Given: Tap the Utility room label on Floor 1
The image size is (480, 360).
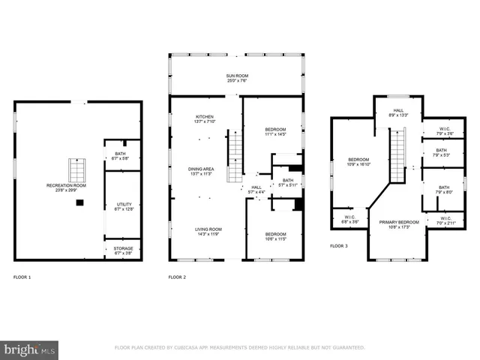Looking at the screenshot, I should [123, 206].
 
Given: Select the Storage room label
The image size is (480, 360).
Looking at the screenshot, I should [123, 250].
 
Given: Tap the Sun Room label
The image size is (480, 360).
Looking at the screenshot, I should [236, 79].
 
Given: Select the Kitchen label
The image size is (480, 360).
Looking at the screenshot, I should [205, 120].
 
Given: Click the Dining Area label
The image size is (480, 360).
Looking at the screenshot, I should [201, 172].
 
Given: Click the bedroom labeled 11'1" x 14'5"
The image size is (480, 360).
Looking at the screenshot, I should [275, 132].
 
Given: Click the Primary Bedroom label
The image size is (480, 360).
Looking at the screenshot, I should [398, 225].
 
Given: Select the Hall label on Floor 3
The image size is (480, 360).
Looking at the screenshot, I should [398, 112].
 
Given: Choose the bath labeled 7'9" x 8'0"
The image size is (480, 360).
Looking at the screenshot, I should [444, 190].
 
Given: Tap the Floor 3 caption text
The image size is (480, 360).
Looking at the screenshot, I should [340, 246].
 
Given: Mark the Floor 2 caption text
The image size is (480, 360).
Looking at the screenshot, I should [177, 277].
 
